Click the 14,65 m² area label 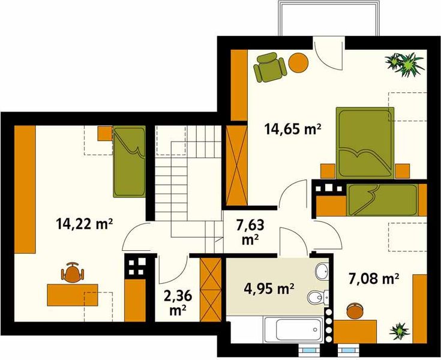coord(293,130)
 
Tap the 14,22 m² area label coord(85,224)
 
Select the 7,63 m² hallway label coord(250,232)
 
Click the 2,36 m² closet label coord(178,302)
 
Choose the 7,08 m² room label coord(374,279)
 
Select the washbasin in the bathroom coord(321,271)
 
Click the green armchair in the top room coord(270,67)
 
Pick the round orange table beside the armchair coord(298,62)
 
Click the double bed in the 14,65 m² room coord(365,143)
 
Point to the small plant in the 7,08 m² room coord(400,331)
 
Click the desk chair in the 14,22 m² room coord(73,272)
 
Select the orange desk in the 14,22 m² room coord(73,295)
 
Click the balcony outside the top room coord(329,18)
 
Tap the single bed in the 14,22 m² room coord(130,161)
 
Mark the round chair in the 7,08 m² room coord(355,311)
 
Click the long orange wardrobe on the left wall coord(25,189)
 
